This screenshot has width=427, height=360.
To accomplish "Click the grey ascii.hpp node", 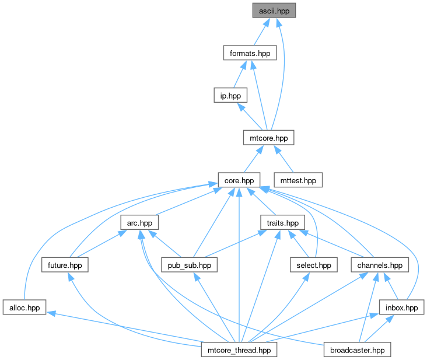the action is click(x=274, y=11).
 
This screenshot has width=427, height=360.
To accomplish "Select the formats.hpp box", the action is click(x=250, y=53).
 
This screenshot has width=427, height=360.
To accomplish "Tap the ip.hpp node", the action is click(x=230, y=95).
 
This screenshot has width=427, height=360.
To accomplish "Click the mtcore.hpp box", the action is click(x=269, y=138).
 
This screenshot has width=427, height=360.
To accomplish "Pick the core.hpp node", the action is click(x=239, y=180).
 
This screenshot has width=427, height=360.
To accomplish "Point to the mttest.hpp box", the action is click(x=298, y=180).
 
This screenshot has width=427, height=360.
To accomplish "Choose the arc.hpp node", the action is click(x=139, y=222).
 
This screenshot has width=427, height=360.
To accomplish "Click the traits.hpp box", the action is click(x=283, y=222).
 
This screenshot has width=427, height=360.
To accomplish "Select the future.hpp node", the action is click(x=65, y=265).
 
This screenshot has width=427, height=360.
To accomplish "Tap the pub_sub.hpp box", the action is click(x=189, y=265).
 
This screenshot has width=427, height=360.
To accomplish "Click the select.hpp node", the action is click(x=314, y=265).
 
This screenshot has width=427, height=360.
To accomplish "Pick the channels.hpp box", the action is click(x=380, y=265).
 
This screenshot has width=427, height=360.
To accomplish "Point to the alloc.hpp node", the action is click(x=24, y=307).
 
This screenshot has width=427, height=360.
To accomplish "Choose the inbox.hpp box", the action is click(x=402, y=307).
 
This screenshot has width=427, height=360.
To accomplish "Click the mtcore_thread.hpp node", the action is click(x=239, y=349).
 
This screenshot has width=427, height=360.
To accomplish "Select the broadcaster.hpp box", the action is click(x=357, y=349).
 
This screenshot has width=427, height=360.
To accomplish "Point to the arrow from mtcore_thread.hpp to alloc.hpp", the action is click(x=125, y=327).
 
